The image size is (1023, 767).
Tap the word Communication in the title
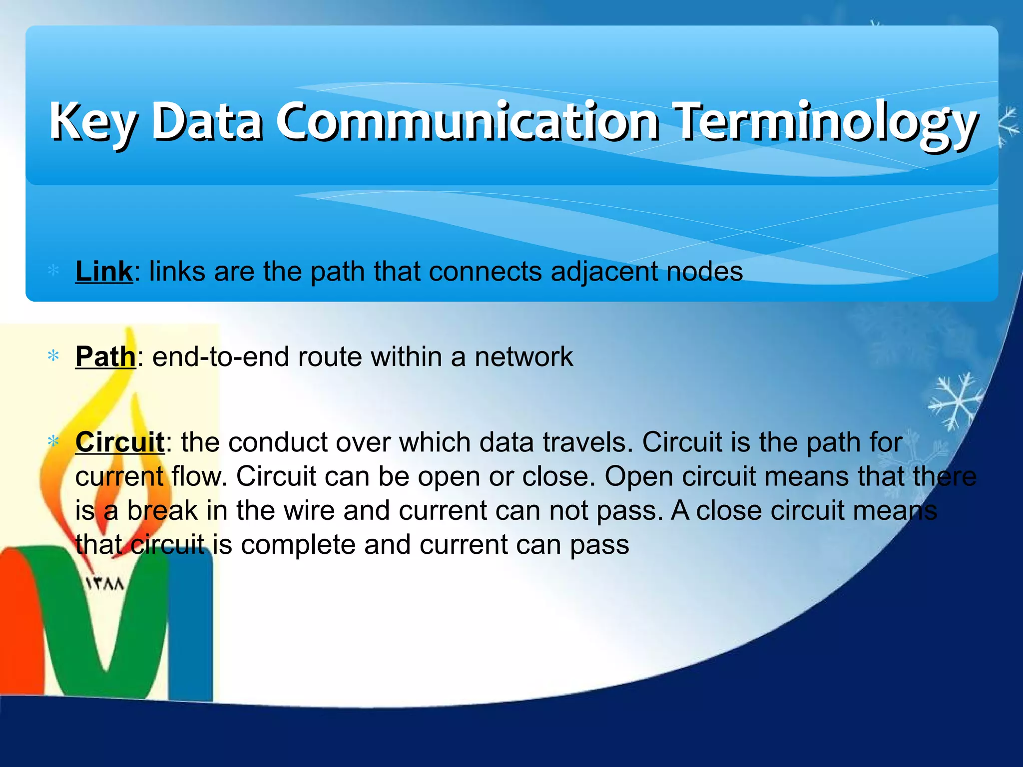[x=467, y=121]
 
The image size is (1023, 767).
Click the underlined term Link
[x=104, y=272]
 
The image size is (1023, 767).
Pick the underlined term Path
[x=105, y=357]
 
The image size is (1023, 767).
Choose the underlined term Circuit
[x=119, y=442]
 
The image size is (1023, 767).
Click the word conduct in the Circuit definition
[x=277, y=442]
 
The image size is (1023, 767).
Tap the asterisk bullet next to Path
[x=53, y=357]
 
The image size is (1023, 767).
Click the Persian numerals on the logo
[x=105, y=584]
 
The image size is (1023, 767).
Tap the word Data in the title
[x=206, y=121]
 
